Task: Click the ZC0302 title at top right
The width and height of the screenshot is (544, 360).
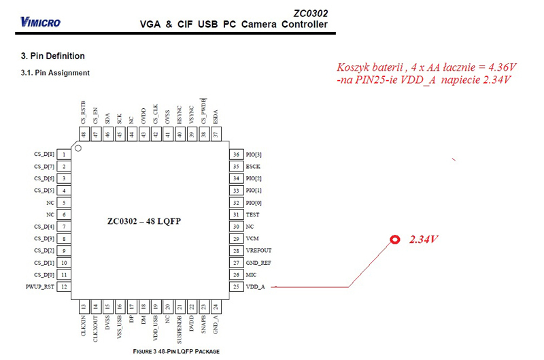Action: click(310, 13)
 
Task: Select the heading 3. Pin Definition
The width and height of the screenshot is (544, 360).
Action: click(53, 56)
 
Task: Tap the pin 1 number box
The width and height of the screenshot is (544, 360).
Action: click(63, 154)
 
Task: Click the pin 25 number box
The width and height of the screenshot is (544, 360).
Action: click(236, 287)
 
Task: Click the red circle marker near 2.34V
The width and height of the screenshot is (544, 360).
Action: click(394, 240)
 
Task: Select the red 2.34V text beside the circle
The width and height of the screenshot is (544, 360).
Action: click(424, 240)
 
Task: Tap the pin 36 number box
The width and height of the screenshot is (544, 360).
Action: click(236, 154)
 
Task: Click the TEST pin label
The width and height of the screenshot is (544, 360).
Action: click(252, 214)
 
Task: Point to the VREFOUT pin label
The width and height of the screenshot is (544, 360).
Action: click(258, 250)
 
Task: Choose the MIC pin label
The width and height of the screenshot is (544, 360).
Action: click(251, 274)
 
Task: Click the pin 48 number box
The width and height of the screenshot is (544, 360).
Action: click(83, 135)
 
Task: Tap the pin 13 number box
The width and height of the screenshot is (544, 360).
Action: click(83, 307)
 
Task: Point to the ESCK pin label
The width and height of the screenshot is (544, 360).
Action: click(253, 166)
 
